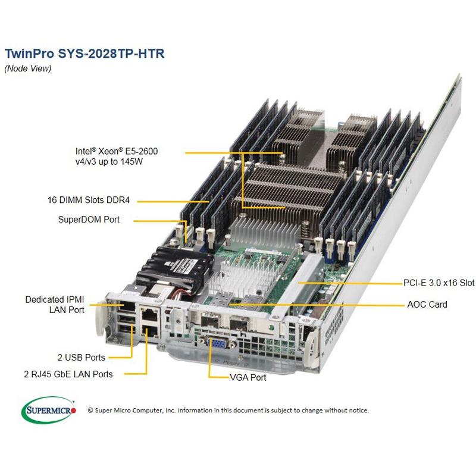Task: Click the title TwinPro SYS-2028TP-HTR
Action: pos(84,53)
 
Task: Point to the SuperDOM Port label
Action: pos(89,220)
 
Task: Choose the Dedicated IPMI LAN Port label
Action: pos(55,304)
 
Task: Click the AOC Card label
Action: pos(427,304)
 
